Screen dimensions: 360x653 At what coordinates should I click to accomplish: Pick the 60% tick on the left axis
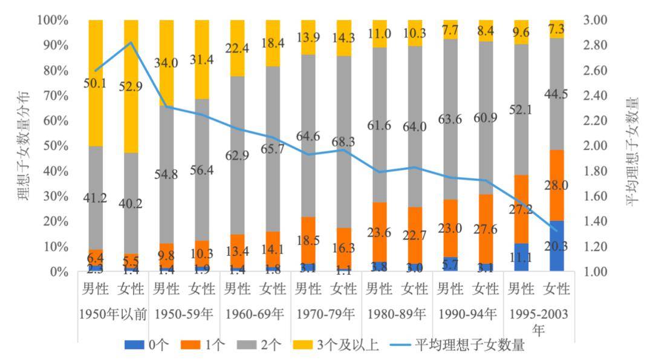55,120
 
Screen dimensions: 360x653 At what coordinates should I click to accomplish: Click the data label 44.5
557,92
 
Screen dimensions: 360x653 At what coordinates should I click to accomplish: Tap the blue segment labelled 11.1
521,258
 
